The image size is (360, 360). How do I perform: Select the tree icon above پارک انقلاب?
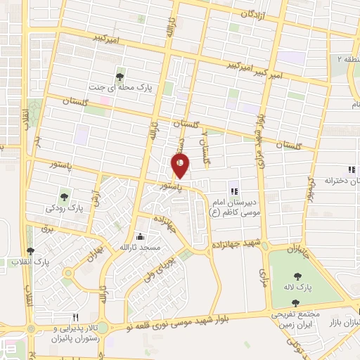point(29,251)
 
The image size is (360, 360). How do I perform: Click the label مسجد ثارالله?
point(141,248)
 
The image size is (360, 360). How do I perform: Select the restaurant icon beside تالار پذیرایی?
point(76,317)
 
